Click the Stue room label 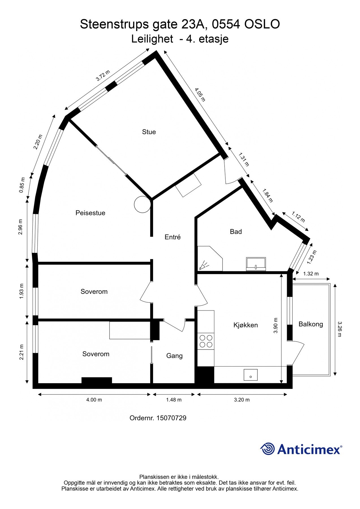point(149,132)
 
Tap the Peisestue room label point(90,213)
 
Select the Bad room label point(236,232)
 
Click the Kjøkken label point(245,325)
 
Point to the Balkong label point(311,324)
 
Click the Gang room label point(174,356)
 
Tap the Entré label point(173,237)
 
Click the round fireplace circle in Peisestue point(143,204)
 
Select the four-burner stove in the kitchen point(206,341)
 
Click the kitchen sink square point(251,375)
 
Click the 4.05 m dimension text point(200,94)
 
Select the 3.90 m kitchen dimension point(276,325)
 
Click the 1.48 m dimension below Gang point(174,400)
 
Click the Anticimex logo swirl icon point(268,449)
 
